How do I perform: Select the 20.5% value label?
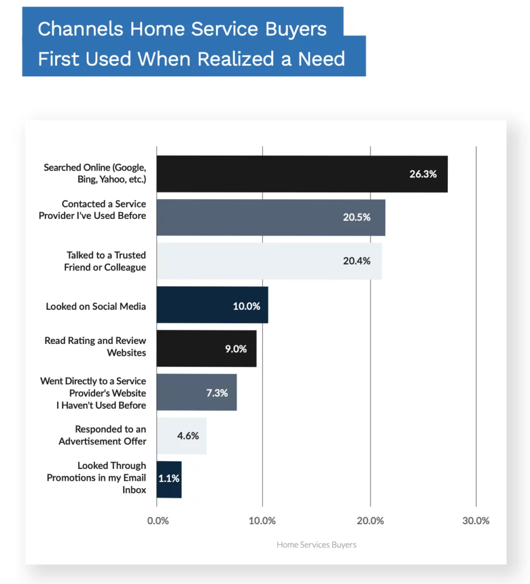pos(357,217)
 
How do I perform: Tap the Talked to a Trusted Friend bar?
pos(269,261)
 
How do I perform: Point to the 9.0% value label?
pos(236,348)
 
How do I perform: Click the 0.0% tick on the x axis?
pos(158,521)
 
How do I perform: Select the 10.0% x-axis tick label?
pos(262,521)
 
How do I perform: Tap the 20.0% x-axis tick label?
pos(370,521)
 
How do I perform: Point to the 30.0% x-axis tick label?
pos(475,521)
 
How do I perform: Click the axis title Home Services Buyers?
pos(316,545)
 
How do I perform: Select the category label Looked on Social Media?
pos(96,306)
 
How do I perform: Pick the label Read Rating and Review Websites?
pos(95,347)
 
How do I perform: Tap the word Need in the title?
pos(321,59)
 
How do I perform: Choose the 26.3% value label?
pos(423,174)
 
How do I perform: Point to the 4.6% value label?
pos(188,436)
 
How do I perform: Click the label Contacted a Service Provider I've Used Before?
pos(92,210)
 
